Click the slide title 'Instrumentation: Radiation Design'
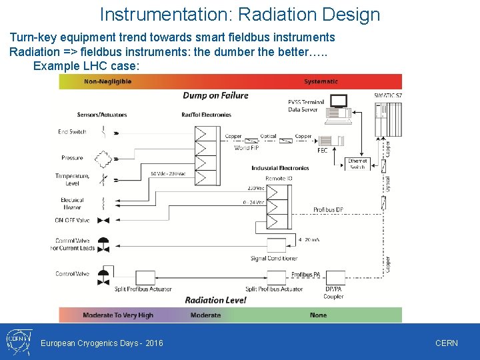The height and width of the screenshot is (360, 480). click(x=240, y=15)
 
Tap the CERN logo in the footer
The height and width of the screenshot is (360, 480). click(x=17, y=341)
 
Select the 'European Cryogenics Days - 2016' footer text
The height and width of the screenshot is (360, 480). click(x=102, y=343)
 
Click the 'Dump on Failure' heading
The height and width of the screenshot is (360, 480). click(x=215, y=95)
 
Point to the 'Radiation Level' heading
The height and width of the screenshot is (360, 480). click(x=215, y=301)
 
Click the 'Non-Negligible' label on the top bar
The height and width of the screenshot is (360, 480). click(x=108, y=81)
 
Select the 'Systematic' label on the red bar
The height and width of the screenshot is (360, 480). click(x=321, y=81)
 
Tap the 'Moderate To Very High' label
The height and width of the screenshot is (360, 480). click(x=118, y=315)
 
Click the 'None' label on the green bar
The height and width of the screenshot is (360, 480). click(x=318, y=315)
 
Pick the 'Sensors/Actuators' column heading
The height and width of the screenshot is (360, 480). click(x=102, y=115)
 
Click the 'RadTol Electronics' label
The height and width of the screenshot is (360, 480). click(x=206, y=115)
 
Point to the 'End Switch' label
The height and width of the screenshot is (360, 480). click(x=72, y=132)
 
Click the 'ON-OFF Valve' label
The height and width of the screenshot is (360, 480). click(x=72, y=220)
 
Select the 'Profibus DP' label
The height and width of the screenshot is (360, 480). click(x=328, y=210)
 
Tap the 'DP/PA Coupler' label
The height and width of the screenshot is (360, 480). click(x=333, y=293)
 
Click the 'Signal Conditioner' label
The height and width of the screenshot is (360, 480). click(x=274, y=258)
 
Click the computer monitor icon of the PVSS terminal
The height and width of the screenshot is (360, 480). click(x=339, y=101)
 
